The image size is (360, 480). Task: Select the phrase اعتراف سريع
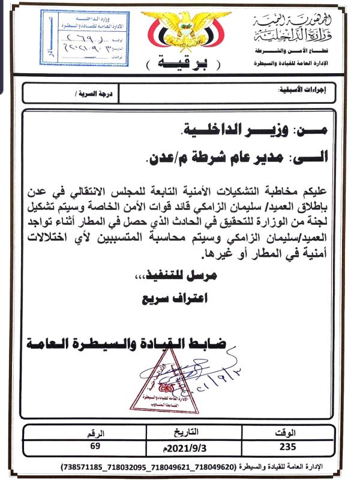[x=175, y=296]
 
